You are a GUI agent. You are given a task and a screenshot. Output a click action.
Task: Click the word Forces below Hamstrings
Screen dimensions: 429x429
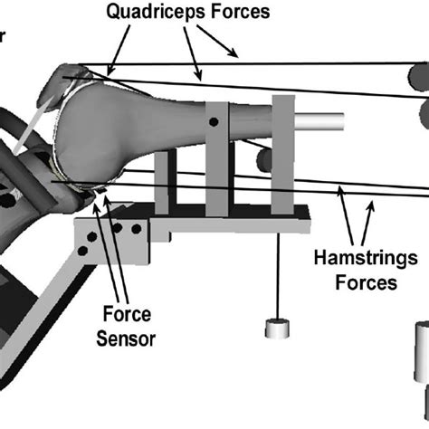[367, 281]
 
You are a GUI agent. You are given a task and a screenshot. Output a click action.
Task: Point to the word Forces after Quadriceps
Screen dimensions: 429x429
[239, 13]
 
